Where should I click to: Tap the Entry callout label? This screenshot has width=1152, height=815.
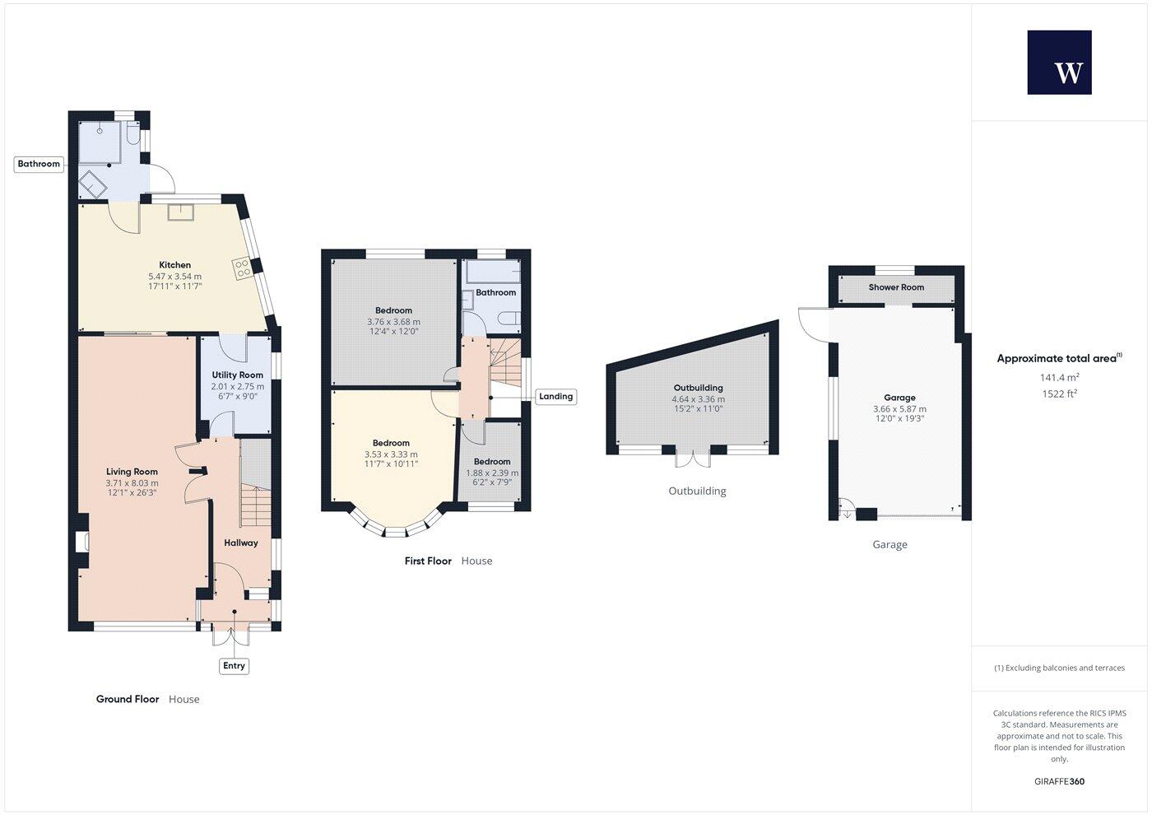(234, 665)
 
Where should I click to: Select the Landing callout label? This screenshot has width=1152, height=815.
(555, 396)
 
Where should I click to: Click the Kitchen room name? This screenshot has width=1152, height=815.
(174, 265)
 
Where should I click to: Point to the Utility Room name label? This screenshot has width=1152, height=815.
(238, 375)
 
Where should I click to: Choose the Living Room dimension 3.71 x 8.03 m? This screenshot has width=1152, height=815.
(132, 483)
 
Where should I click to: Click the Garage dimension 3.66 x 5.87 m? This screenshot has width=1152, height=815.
(899, 409)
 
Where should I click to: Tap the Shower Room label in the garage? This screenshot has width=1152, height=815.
(896, 287)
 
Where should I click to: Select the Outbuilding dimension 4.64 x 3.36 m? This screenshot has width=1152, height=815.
(698, 399)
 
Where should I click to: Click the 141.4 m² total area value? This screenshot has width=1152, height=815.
(1059, 378)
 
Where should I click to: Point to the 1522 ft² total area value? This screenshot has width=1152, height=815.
(1059, 394)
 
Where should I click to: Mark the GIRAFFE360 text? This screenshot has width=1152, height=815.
(1059, 781)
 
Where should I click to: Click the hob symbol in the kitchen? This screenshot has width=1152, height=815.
(243, 268)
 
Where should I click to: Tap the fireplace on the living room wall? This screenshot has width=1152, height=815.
(82, 542)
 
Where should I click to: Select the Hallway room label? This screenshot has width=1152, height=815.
(240, 543)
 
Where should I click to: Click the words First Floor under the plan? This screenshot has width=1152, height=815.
(428, 561)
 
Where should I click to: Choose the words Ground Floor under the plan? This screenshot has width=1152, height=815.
(128, 699)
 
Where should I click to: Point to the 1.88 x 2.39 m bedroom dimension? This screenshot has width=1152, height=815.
(492, 473)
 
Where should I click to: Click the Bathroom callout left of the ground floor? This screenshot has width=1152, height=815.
(39, 164)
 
